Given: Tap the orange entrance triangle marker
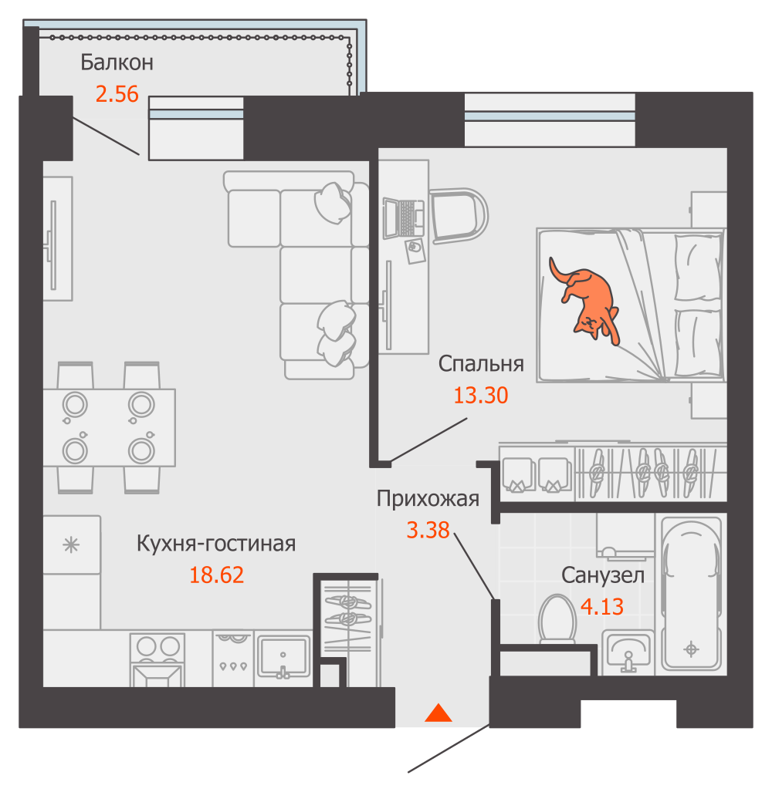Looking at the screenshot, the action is pos(438,713).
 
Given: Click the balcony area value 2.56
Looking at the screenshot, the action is pos(117,94).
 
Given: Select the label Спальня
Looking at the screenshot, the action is pos(481,364).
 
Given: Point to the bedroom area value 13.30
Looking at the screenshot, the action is pos(481,395).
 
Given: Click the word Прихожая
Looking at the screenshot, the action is pos(428,499).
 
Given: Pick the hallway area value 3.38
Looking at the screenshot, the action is pos(428,530).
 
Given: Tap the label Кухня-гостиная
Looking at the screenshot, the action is pos(216,544).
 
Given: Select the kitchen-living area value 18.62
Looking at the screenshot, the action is pos(216,575).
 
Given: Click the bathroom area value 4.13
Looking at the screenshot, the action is pos(602,606).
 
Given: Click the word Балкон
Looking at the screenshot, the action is pos(117,62).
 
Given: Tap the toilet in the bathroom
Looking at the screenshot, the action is pos(557,619).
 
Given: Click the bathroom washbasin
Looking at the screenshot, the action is pos(628,652).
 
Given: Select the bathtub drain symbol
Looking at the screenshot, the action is pos(691,649).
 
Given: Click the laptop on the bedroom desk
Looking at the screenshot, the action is pos(404,217).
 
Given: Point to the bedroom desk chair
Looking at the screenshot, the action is pos(459,216).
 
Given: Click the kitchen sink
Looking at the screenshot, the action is pos(283,656).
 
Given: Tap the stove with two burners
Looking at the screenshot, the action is pos(157,659).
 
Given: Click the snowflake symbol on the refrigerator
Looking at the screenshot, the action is pos(71,544).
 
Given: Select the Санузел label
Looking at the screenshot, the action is pos(603,575).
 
